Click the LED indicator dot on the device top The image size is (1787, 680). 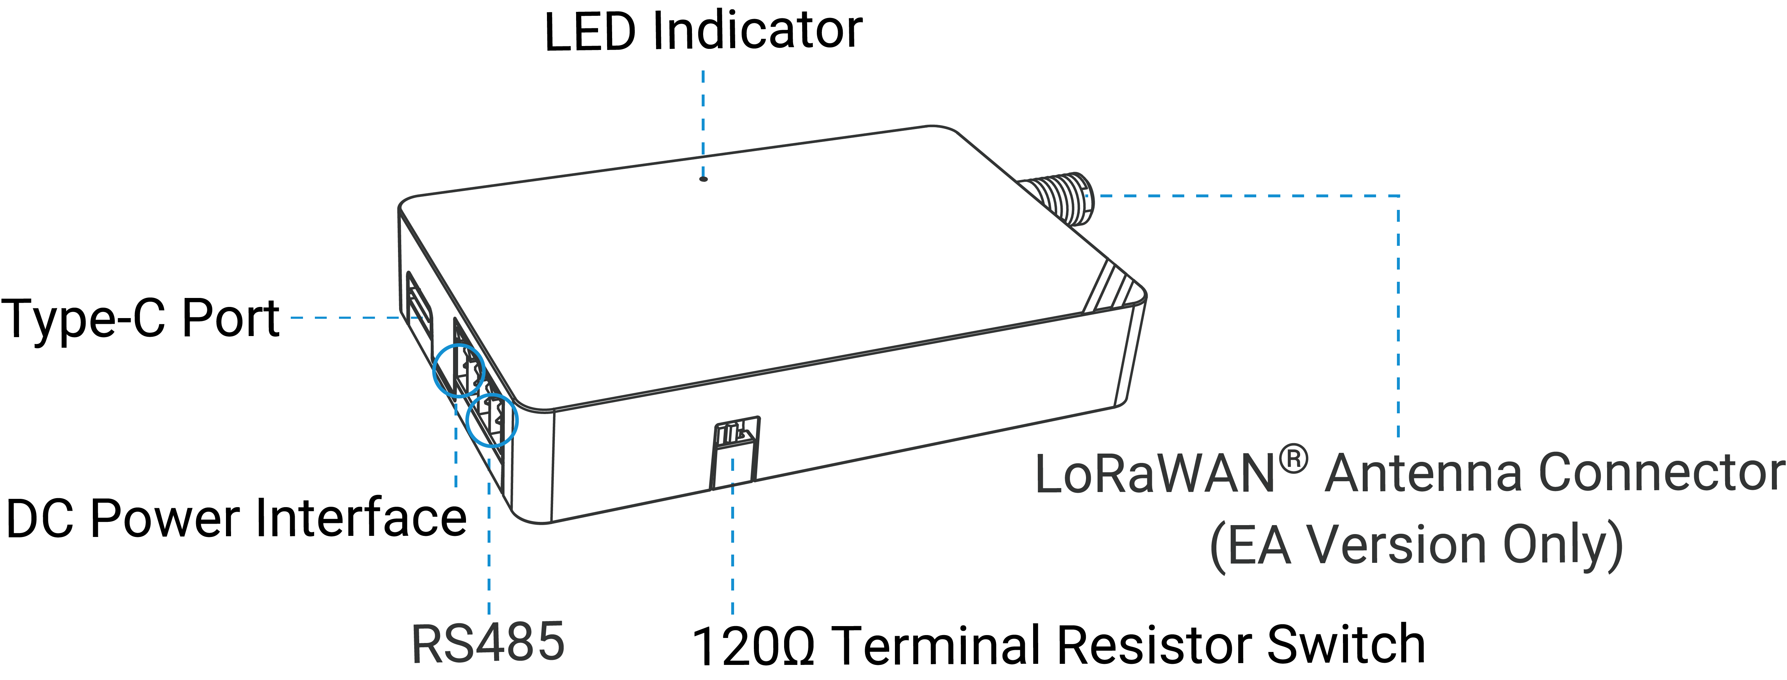(704, 179)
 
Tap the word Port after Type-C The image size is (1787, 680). (230, 319)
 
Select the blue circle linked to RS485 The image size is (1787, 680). (492, 419)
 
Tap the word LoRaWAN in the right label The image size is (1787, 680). (1155, 474)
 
